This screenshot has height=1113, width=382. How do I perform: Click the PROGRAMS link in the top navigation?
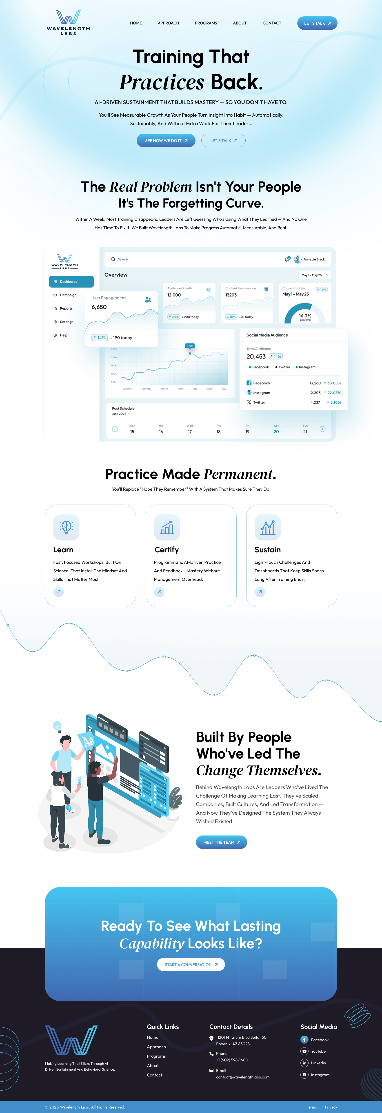click(x=206, y=23)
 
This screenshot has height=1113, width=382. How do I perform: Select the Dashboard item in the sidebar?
click(x=71, y=282)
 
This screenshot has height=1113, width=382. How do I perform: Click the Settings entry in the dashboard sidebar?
click(x=66, y=322)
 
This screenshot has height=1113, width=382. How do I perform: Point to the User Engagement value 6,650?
click(x=99, y=307)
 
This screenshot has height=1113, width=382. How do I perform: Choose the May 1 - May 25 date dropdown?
click(x=315, y=275)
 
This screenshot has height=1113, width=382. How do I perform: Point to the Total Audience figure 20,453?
click(x=256, y=356)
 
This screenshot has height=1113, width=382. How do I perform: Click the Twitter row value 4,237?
click(x=315, y=402)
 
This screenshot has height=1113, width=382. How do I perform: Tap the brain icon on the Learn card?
click(x=66, y=527)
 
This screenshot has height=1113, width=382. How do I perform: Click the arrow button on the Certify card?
click(x=159, y=592)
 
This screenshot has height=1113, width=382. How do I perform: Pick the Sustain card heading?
click(x=267, y=550)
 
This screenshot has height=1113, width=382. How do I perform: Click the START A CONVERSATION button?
click(x=191, y=964)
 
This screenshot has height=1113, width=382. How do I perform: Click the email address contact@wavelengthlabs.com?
click(x=243, y=1077)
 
